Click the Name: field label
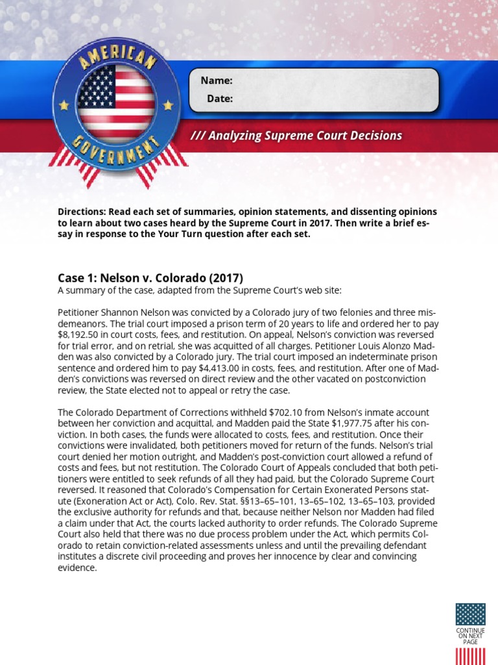pyautogui.click(x=217, y=81)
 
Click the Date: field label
pyautogui.click(x=220, y=99)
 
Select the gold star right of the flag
pyautogui.click(x=168, y=105)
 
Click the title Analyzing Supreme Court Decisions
pyautogui.click(x=296, y=136)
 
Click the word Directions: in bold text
pyautogui.click(x=82, y=212)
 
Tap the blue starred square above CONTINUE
pyautogui.click(x=470, y=614)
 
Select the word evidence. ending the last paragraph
pyautogui.click(x=77, y=568)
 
